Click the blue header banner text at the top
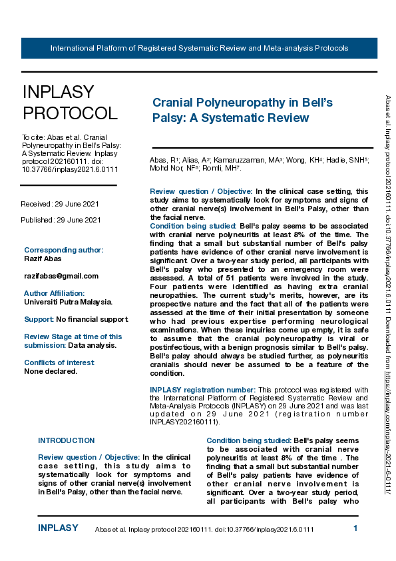[x=199, y=49]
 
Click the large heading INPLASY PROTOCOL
[x=70, y=103]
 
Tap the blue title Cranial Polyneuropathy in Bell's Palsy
[x=242, y=110]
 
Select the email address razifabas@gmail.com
[x=61, y=276]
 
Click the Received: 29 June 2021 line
[x=61, y=203]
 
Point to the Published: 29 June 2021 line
[x=61, y=220]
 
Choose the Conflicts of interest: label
[x=59, y=362]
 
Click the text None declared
[x=51, y=371]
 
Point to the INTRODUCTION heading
[x=67, y=440]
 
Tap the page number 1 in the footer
[x=355, y=528]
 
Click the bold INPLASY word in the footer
[x=58, y=528]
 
